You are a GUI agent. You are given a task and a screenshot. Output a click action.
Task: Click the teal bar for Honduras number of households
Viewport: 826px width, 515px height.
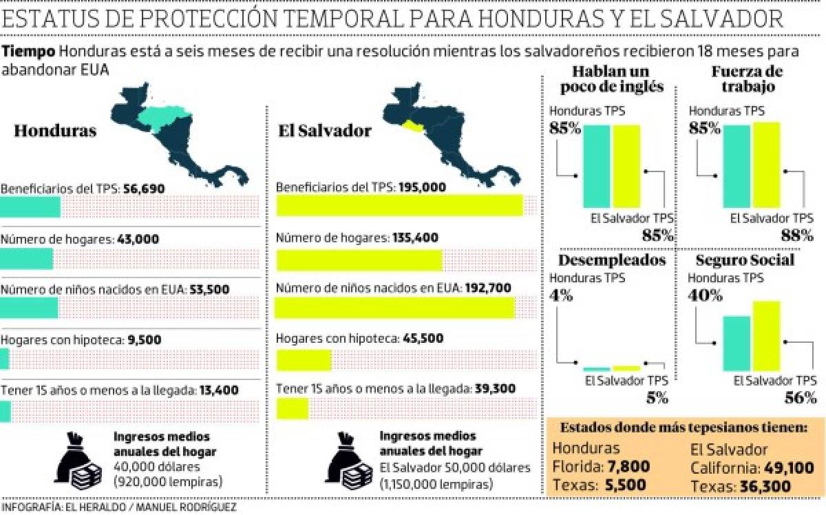point(26,259)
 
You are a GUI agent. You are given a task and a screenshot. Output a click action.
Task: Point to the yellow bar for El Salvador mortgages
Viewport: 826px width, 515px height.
point(304,360)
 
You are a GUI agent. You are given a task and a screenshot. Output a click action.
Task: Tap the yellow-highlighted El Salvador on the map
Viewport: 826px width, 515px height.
point(413,125)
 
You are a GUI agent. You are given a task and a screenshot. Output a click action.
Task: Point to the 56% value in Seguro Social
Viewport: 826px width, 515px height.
point(801,397)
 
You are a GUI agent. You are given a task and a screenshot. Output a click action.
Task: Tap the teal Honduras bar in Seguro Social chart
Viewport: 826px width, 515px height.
point(737,343)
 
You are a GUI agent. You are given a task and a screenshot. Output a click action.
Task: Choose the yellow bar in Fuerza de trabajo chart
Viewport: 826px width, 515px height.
point(766,165)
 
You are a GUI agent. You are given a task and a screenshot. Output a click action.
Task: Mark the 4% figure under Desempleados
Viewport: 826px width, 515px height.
point(561,296)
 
